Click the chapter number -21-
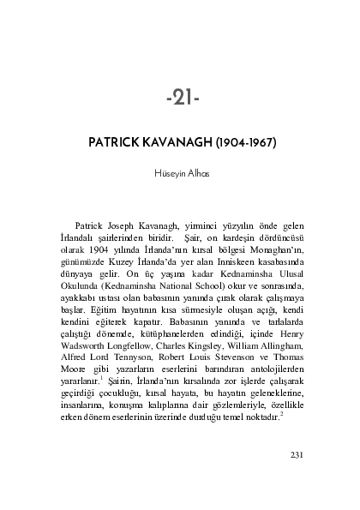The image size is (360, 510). click(x=181, y=99)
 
